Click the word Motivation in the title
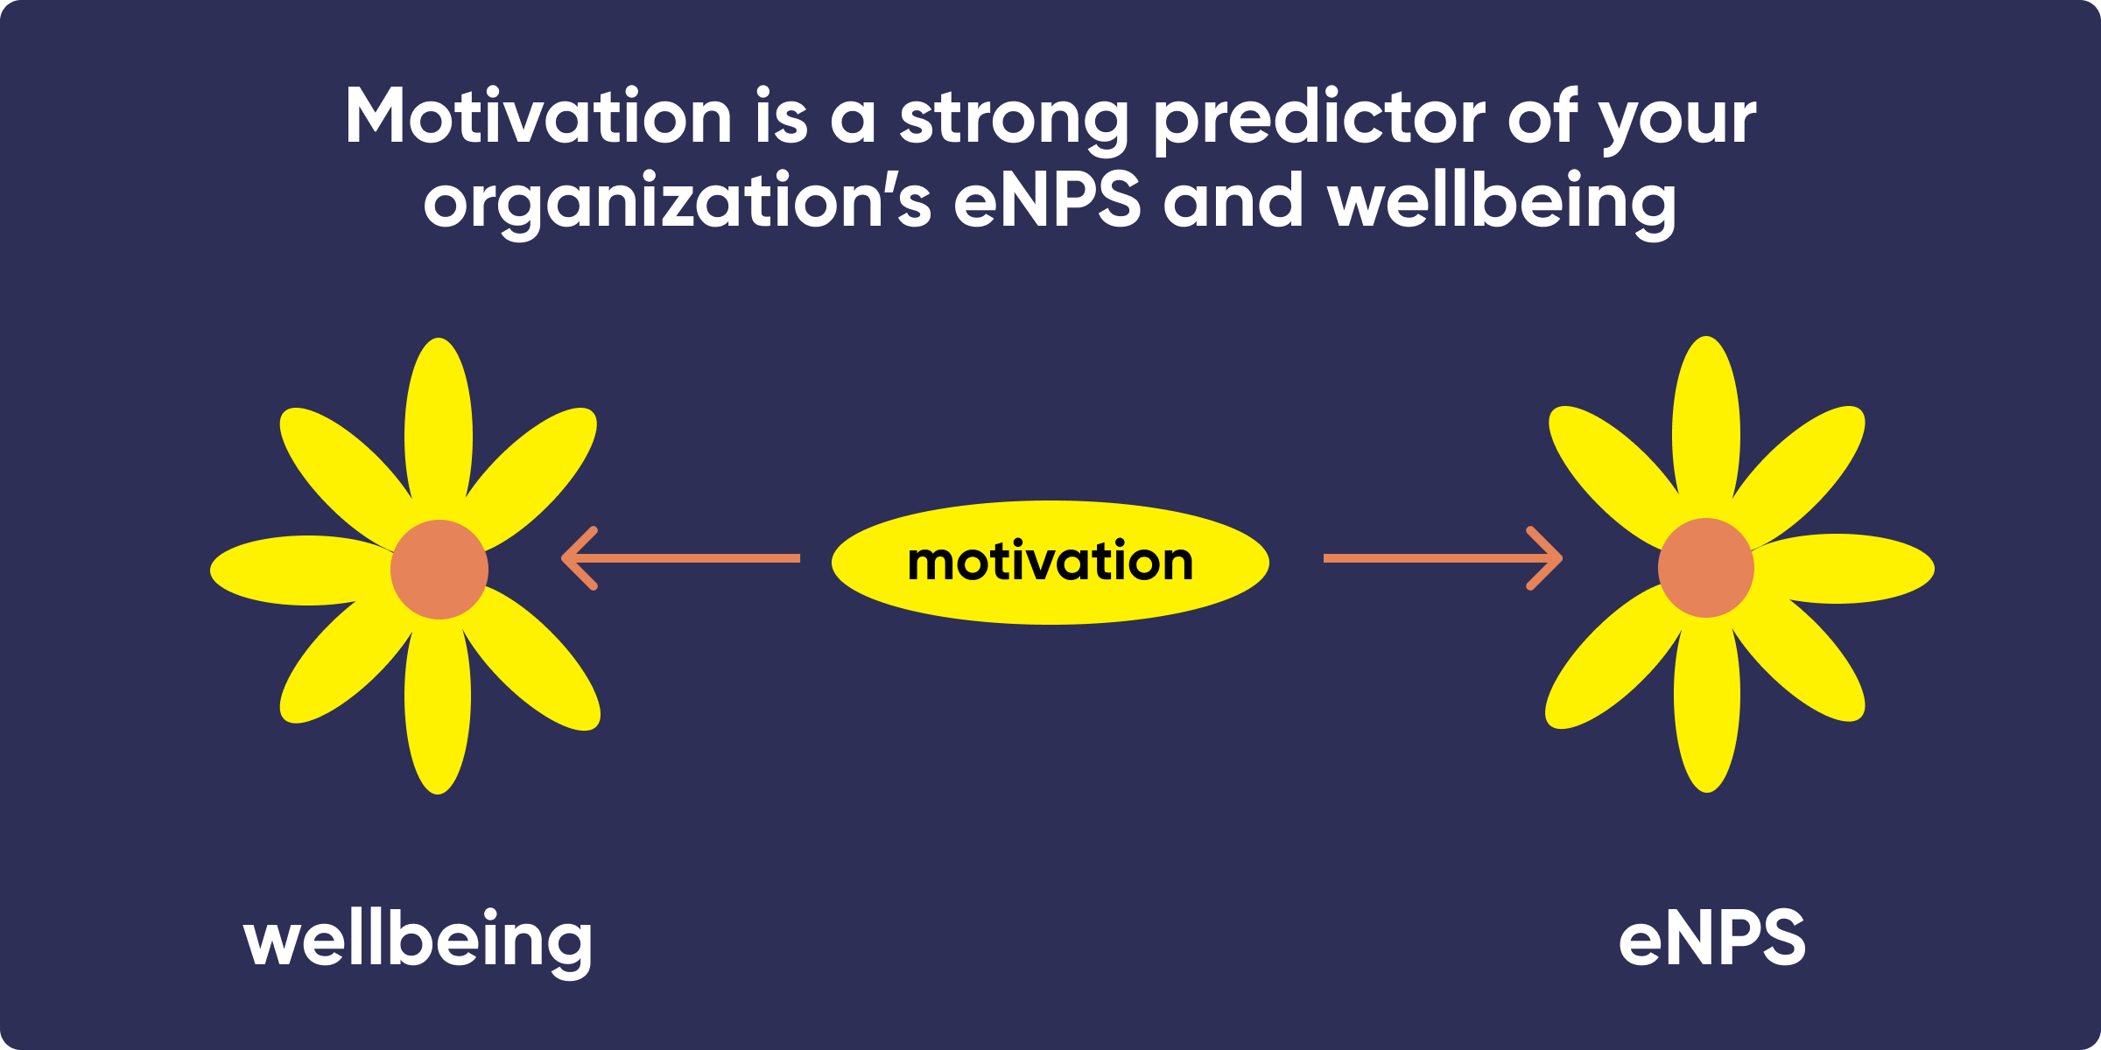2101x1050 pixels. (x=538, y=116)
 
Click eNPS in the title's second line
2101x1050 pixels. (x=1047, y=200)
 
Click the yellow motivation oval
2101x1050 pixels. (x=1050, y=562)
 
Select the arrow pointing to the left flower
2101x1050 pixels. (x=680, y=558)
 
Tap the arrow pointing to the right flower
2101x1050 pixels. (x=1443, y=558)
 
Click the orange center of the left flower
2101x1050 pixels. (x=439, y=570)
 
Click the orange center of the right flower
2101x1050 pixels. (x=1705, y=568)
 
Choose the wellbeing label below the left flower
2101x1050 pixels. (x=418, y=941)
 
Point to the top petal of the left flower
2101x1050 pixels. (x=439, y=420)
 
